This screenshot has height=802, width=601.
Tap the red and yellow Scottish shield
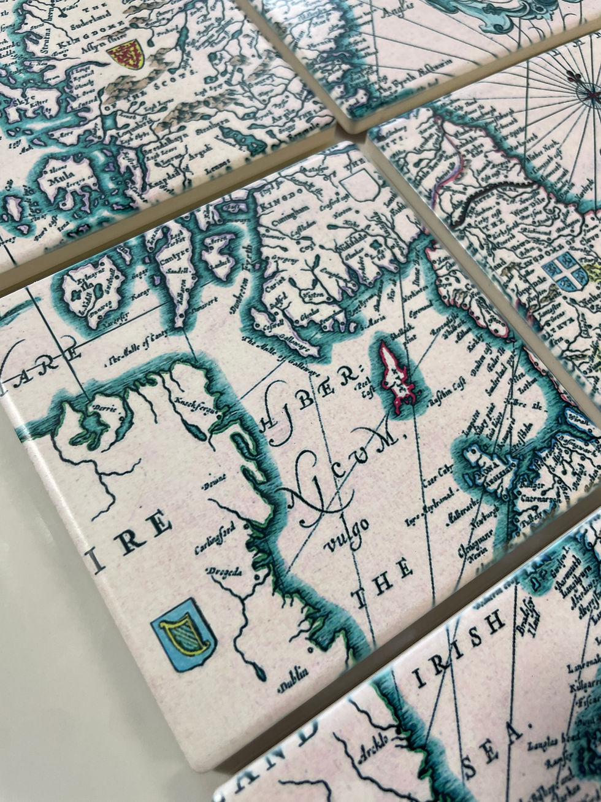coord(126,54)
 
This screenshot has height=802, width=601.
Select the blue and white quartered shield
coord(565,271)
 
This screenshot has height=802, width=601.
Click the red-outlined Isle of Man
coord(395,377)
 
